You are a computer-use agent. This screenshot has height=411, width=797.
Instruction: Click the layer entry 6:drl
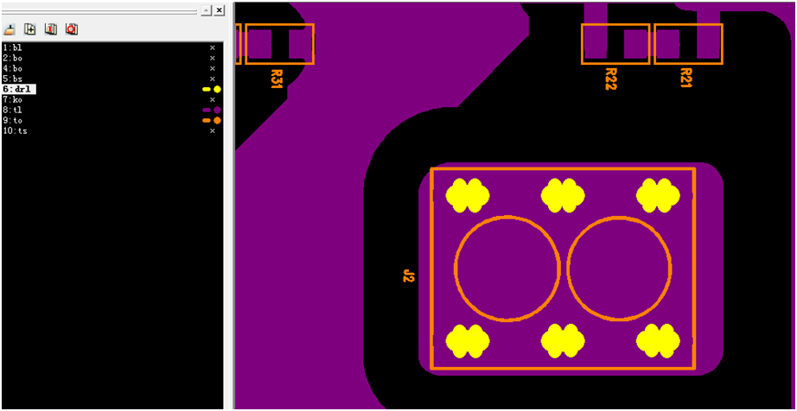(x=18, y=89)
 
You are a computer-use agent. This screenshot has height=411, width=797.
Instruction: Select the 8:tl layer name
(x=12, y=111)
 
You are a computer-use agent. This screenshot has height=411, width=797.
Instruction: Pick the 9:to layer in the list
(x=12, y=121)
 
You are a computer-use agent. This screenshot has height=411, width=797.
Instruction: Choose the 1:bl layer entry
(x=12, y=47)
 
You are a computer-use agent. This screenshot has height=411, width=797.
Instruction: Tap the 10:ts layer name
(x=15, y=131)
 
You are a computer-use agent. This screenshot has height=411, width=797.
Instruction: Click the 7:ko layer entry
(x=12, y=100)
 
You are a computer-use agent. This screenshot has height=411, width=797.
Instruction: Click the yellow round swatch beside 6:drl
(x=217, y=89)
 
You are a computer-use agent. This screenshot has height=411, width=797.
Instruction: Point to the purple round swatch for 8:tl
(x=217, y=111)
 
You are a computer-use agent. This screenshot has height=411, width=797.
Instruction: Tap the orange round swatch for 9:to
(x=217, y=121)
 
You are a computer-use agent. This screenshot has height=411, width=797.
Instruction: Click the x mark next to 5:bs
(x=213, y=79)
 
